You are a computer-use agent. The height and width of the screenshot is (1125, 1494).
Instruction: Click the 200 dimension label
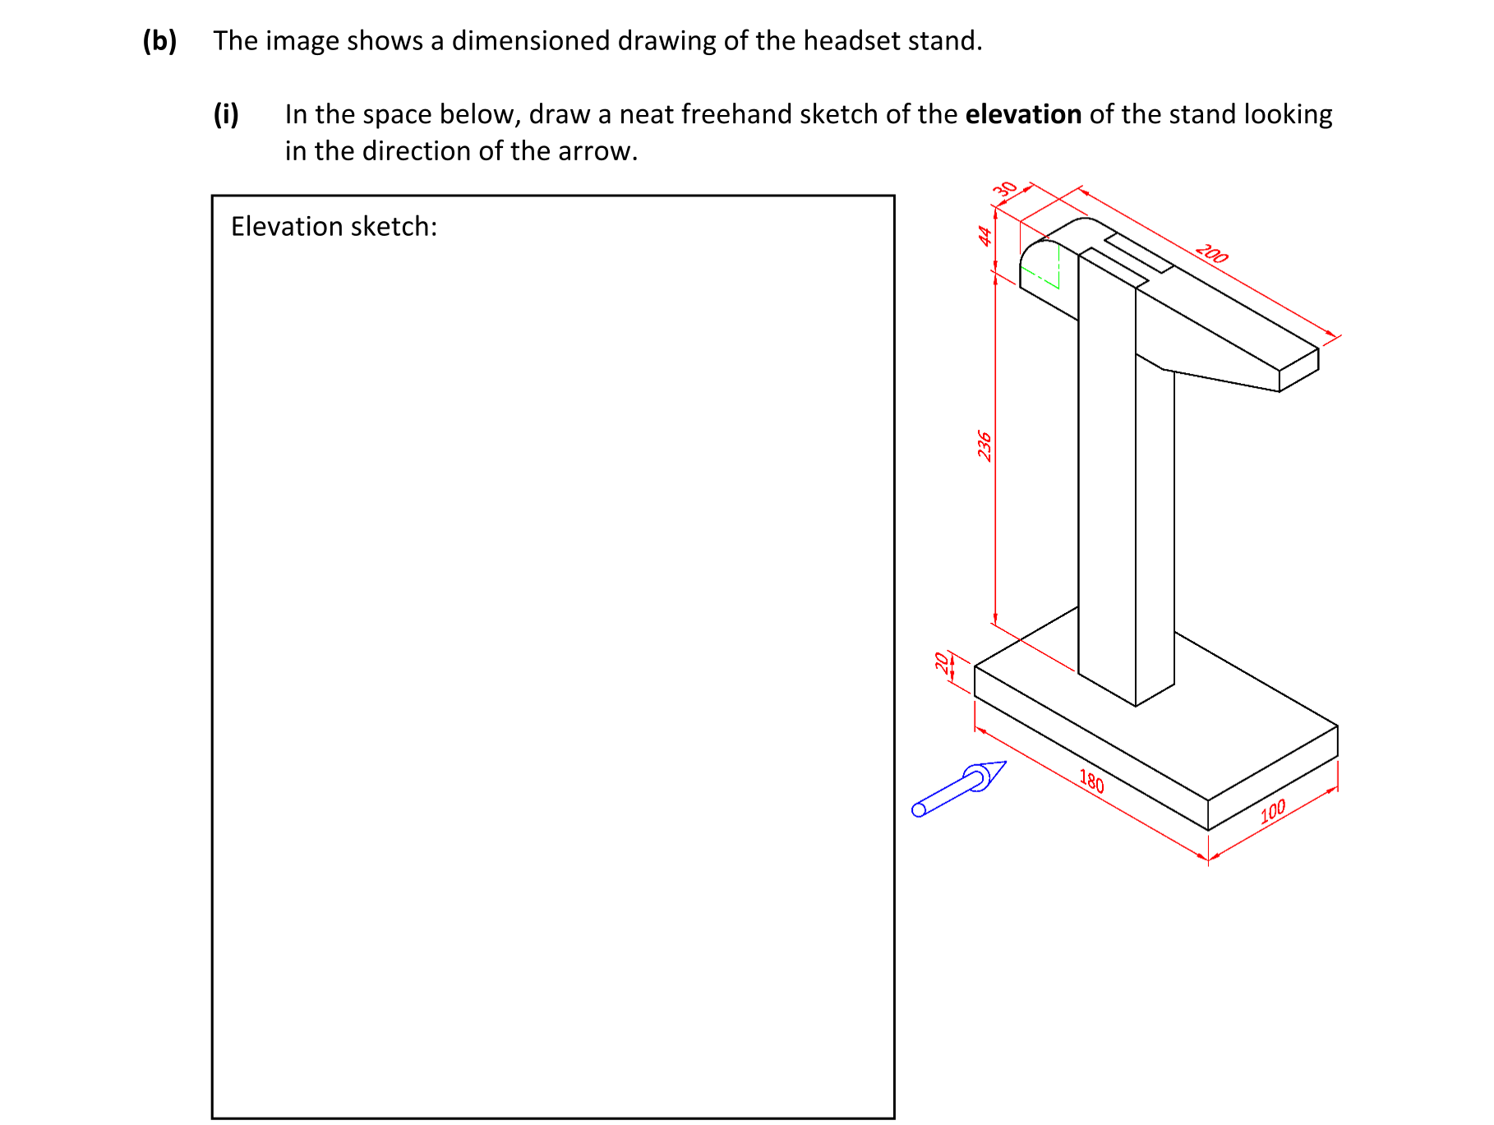pyautogui.click(x=1211, y=253)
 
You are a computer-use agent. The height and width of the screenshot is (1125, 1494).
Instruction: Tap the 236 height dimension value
pyautogui.click(x=984, y=445)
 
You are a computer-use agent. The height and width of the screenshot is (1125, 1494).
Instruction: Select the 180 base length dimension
pyautogui.click(x=1091, y=781)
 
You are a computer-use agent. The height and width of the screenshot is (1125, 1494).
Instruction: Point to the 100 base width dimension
pyautogui.click(x=1272, y=811)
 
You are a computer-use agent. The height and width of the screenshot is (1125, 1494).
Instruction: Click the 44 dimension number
pyautogui.click(x=984, y=236)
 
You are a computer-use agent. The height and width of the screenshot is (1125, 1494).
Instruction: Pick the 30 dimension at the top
pyautogui.click(x=1004, y=189)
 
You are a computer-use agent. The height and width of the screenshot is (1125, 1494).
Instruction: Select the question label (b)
pyautogui.click(x=159, y=40)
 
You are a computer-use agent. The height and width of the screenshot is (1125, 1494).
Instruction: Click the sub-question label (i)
pyautogui.click(x=226, y=114)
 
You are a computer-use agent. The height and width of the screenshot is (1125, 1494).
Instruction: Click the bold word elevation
pyautogui.click(x=1022, y=114)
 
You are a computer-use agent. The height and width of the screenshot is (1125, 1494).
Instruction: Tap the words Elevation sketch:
pyautogui.click(x=334, y=226)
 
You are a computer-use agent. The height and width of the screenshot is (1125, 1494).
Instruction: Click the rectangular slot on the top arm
pyautogui.click(x=1138, y=253)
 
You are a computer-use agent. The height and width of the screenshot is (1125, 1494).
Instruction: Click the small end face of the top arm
pyautogui.click(x=1298, y=370)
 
